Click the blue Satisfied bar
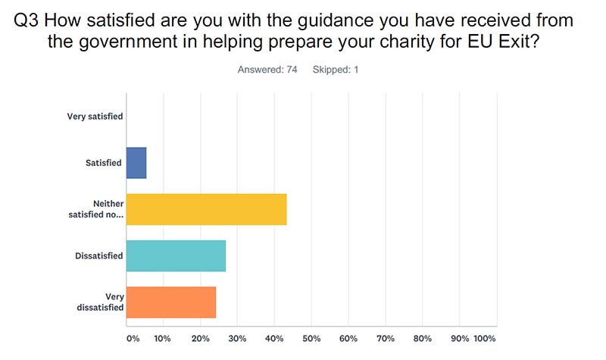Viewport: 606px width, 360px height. pyautogui.click(x=136, y=163)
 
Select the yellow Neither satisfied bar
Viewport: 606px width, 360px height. pyautogui.click(x=206, y=209)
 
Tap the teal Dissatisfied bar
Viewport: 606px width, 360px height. pyautogui.click(x=176, y=256)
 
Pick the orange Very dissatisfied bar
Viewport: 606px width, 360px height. pyautogui.click(x=171, y=302)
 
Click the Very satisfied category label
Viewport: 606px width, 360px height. pyautogui.click(x=95, y=117)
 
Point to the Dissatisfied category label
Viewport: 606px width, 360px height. pyautogui.click(x=98, y=256)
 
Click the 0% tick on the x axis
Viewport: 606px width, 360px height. pyautogui.click(x=133, y=338)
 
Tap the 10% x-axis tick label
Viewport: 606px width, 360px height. pyautogui.click(x=162, y=338)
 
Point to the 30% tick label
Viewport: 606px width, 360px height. pyautogui.click(x=236, y=338)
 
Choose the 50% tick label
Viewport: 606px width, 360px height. pyautogui.click(x=311, y=338)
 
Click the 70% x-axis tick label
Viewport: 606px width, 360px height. pyautogui.click(x=386, y=338)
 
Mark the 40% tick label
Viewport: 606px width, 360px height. pyautogui.click(x=274, y=338)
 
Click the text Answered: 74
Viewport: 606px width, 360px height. pyautogui.click(x=267, y=70)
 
